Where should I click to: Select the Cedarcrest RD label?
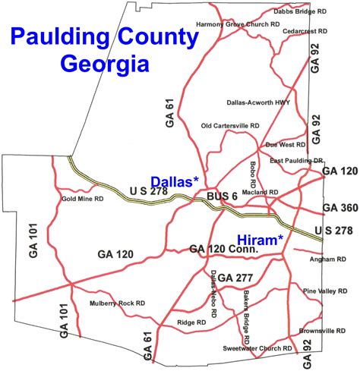(x=304, y=31)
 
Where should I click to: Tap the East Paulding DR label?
(x=297, y=161)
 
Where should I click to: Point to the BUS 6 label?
(x=222, y=196)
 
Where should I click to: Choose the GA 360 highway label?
(x=339, y=208)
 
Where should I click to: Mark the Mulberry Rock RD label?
(x=117, y=303)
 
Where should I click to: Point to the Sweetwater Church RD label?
(x=257, y=348)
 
